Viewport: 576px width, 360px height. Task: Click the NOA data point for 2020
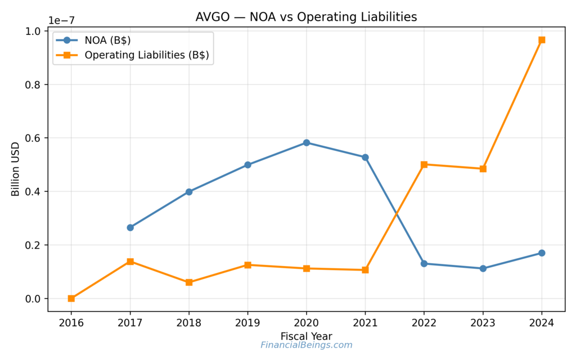307,143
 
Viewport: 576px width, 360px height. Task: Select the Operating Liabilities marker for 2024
542,40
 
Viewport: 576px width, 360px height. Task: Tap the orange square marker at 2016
71,299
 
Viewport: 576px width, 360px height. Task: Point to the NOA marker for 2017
130,228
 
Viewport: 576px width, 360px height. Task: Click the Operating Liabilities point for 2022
424,165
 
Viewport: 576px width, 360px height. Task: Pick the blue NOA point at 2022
424,264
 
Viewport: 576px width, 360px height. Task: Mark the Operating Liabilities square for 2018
189,282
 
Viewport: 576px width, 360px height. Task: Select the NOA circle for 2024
542,253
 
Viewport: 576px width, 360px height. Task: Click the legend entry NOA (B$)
109,40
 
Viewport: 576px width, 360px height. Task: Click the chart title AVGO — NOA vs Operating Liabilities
306,17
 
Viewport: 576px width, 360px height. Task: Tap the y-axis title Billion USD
16,169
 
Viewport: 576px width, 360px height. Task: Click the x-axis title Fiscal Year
306,336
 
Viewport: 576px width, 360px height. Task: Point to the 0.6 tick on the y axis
33,138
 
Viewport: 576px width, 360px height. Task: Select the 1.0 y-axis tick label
33,31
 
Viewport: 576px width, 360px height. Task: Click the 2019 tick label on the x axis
247,323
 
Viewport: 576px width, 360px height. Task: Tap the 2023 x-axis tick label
483,323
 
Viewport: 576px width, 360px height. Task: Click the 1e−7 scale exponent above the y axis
61,20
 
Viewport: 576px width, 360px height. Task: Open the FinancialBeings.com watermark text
306,345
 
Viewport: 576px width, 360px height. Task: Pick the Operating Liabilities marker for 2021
365,270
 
